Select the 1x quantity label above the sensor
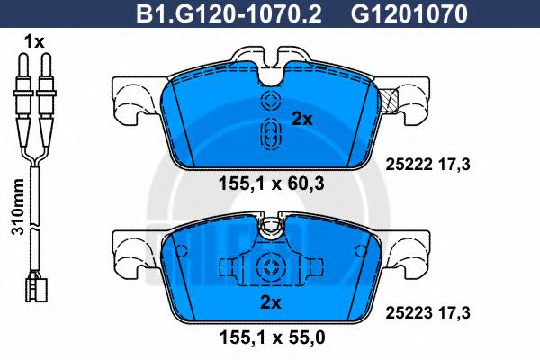[x=34, y=41]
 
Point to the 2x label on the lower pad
[x=271, y=302]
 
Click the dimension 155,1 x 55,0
[x=269, y=340]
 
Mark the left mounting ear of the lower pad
[x=135, y=252]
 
